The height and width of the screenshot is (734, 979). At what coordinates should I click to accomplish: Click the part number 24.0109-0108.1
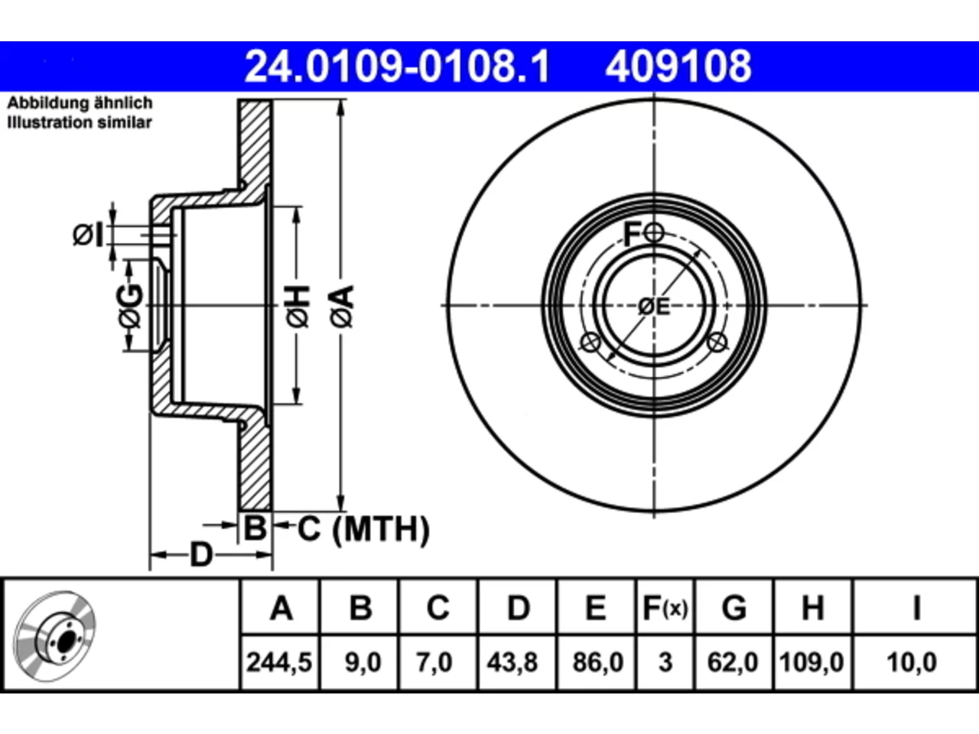click(398, 67)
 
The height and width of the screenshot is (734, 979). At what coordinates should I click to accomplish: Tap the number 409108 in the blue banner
click(678, 67)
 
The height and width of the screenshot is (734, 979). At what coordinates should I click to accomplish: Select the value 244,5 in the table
click(279, 662)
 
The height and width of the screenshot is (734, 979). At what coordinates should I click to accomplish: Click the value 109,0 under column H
click(811, 662)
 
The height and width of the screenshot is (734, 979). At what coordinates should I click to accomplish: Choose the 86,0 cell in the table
click(598, 662)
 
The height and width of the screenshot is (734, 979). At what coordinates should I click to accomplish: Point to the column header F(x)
click(665, 608)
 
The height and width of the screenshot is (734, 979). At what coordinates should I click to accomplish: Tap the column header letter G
click(734, 608)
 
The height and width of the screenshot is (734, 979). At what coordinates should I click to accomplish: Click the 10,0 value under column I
click(912, 662)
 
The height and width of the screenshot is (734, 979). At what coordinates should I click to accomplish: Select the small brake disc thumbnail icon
click(54, 636)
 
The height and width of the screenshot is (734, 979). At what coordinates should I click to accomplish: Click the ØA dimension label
click(342, 307)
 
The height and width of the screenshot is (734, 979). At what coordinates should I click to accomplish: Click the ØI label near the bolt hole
click(88, 235)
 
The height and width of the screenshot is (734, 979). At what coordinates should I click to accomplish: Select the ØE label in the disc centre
click(654, 307)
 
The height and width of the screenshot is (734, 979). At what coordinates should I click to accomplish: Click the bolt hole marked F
click(654, 232)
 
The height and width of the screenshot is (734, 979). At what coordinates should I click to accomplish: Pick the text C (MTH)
click(363, 529)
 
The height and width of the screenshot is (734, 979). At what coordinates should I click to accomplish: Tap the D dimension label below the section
click(201, 555)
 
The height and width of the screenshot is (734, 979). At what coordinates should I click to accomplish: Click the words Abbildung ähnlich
click(80, 103)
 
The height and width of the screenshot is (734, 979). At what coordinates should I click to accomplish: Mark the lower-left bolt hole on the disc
click(590, 343)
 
